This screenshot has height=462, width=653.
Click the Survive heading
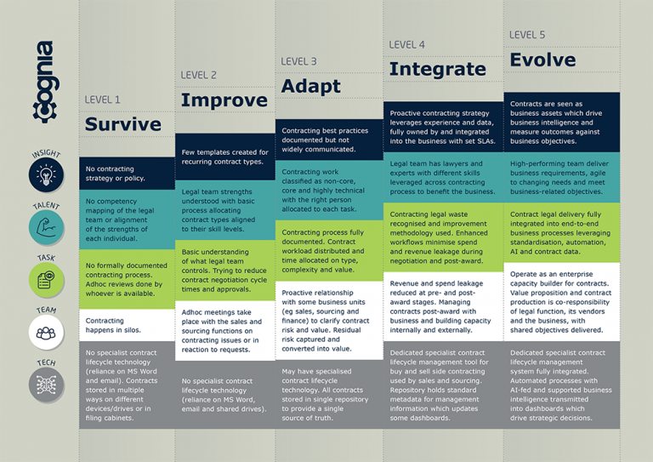(x=122, y=124)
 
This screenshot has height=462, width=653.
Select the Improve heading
(x=224, y=100)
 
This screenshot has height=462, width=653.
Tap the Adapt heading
(x=310, y=86)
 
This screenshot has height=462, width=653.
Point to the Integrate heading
(x=437, y=69)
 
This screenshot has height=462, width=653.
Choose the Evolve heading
(x=542, y=60)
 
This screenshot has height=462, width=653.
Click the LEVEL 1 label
(x=102, y=100)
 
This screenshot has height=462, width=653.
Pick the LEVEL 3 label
(x=298, y=61)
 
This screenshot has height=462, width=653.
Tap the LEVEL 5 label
(x=527, y=35)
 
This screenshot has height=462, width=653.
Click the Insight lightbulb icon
(x=46, y=175)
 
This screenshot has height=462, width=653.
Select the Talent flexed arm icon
(x=46, y=227)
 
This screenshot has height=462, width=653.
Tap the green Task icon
(x=46, y=280)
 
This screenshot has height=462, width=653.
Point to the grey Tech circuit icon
(x=46, y=385)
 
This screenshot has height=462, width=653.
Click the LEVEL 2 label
(x=198, y=75)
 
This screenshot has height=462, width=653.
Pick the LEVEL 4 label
(x=407, y=44)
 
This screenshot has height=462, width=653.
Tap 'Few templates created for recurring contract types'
(x=224, y=157)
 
